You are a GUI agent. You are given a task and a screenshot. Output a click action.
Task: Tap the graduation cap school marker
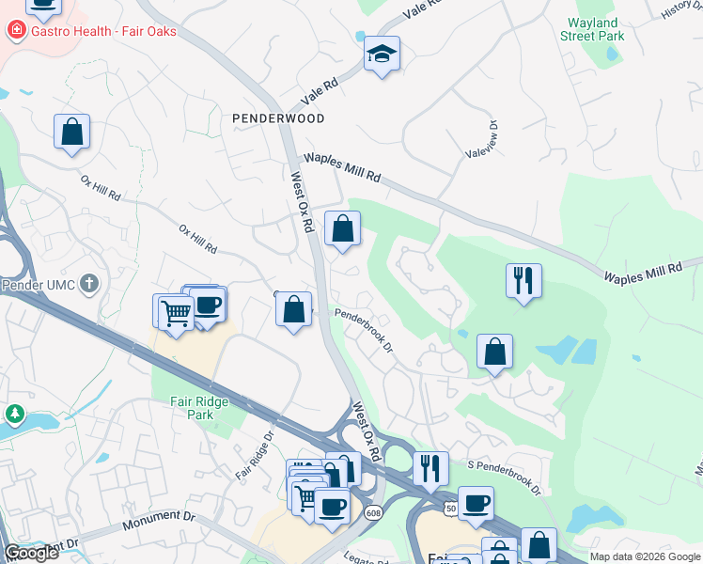(x=383, y=55)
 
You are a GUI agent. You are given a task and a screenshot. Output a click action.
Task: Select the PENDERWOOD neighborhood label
(x=278, y=118)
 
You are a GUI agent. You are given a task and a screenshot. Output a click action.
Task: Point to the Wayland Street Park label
(x=592, y=29)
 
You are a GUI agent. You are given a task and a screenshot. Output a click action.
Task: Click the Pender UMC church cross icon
(x=89, y=283)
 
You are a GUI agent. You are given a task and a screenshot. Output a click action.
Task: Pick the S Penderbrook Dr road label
(x=505, y=478)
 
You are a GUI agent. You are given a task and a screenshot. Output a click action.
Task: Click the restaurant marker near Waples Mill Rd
(x=523, y=281)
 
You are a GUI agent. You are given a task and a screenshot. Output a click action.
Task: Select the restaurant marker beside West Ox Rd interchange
(x=430, y=469)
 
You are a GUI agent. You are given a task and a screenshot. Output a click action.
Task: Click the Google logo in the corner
(x=30, y=553)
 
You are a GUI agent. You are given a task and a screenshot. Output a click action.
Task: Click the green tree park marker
(x=15, y=414)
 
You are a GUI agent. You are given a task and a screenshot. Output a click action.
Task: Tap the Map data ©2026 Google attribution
(x=645, y=556)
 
